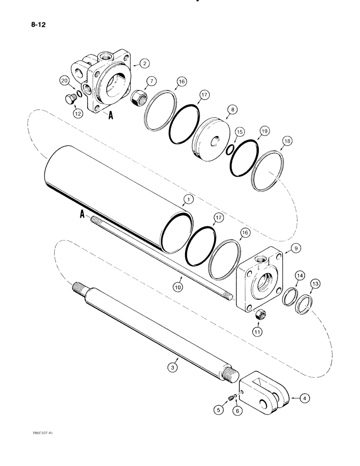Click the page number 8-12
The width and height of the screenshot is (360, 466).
pyautogui.click(x=38, y=21)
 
